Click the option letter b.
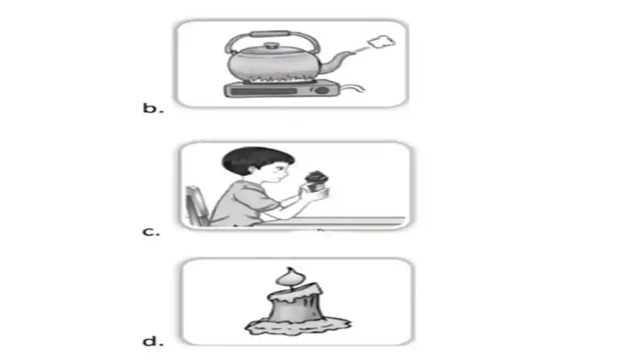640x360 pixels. coord(153,108)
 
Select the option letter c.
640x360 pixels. coord(151,231)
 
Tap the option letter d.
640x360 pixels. coord(153,341)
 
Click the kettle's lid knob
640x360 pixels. coord(271,46)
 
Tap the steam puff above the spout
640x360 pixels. coord(382,42)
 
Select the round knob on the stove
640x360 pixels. coord(322,90)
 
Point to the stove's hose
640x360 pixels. coord(353,87)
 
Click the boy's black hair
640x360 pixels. coord(255,160)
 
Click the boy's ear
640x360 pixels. coord(253,170)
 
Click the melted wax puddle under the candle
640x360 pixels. coord(298,326)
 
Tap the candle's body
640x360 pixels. coord(295,306)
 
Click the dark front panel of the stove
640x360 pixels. coord(263,91)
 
